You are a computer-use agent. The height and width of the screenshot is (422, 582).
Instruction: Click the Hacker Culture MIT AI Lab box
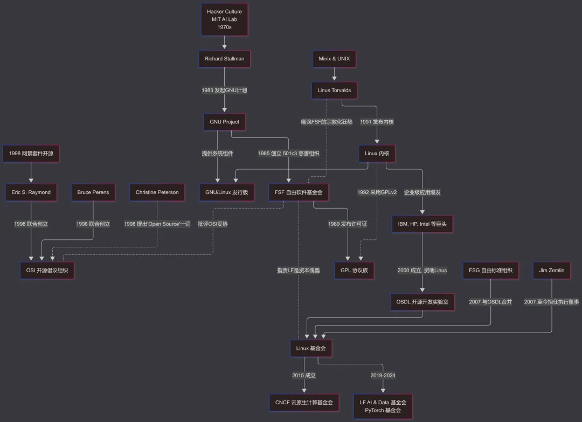click(224, 19)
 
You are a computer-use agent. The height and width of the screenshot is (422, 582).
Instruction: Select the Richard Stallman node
click(224, 59)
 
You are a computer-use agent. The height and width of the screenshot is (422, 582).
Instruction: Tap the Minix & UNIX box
click(334, 59)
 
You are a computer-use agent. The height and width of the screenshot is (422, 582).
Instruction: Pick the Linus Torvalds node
click(334, 90)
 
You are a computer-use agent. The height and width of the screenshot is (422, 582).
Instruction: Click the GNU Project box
click(224, 122)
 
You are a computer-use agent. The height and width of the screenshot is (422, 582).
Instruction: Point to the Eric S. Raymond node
click(31, 192)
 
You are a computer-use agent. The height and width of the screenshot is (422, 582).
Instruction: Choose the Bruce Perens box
click(93, 192)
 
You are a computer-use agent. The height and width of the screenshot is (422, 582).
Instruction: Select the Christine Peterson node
click(157, 192)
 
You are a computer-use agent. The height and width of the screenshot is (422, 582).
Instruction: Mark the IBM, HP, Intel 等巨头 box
click(422, 224)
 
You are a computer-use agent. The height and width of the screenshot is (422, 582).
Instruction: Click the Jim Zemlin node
click(552, 270)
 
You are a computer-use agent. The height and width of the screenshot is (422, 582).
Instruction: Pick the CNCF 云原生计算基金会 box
click(304, 402)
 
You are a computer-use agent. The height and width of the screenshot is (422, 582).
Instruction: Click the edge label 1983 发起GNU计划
click(224, 91)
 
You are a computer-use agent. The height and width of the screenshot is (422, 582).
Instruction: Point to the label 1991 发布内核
click(377, 122)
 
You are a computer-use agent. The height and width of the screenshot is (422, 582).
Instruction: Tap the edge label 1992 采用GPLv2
click(377, 192)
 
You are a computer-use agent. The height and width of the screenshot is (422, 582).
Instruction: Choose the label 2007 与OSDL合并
click(490, 302)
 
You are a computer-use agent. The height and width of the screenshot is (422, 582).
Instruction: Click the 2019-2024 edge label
click(383, 375)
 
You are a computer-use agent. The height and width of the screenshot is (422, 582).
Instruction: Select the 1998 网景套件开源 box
click(31, 154)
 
